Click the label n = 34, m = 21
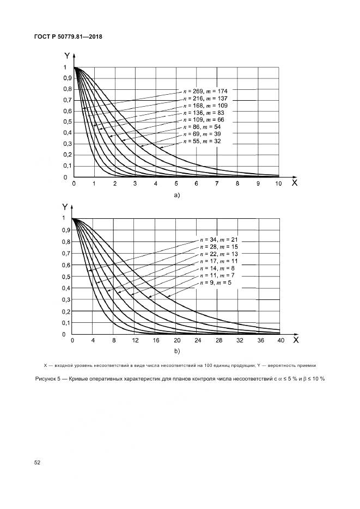pos(219,240)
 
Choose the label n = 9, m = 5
pos(216,282)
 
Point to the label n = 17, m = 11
pos(219,261)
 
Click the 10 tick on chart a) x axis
pos(278,185)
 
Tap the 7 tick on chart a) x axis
pos(217,185)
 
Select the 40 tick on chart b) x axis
pos(280,341)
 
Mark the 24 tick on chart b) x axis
pos(198,341)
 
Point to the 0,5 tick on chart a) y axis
pos(65,122)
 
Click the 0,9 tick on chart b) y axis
pos(64,230)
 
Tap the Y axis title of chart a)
pos(66,56)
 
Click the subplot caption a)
pos(176,194)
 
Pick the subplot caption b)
pos(176,351)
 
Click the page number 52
pos(37,463)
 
